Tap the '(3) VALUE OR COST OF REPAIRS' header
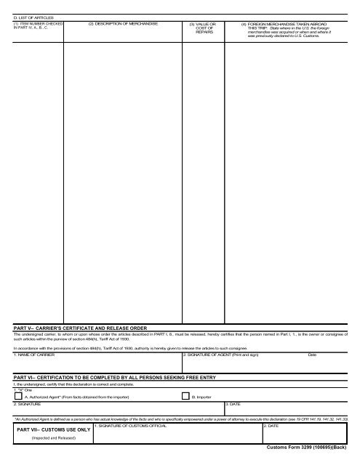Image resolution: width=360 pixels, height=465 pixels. (x=203, y=28)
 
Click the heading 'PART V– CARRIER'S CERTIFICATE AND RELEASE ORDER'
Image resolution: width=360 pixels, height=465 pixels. (x=87, y=328)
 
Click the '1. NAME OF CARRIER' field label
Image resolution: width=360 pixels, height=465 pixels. (x=33, y=355)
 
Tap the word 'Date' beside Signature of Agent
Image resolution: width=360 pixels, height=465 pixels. (x=312, y=355)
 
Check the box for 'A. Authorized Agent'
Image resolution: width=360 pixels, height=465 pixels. (x=18, y=397)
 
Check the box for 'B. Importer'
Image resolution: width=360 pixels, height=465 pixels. (x=185, y=397)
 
